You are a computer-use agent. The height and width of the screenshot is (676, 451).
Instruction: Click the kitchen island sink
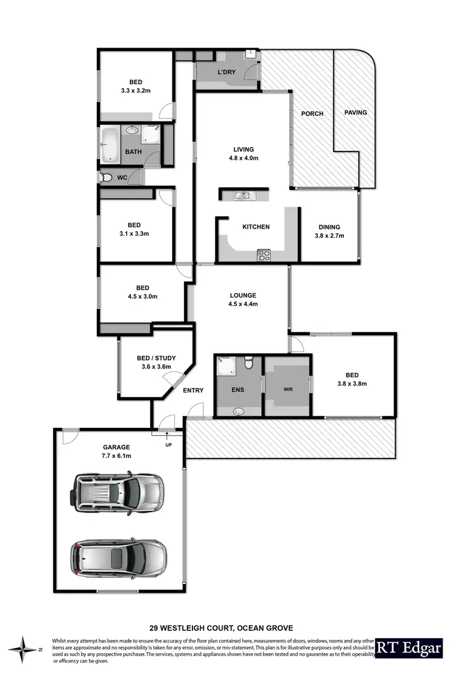pyautogui.click(x=244, y=195)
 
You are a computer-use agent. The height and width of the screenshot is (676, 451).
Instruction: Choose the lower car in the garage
pyautogui.click(x=118, y=557)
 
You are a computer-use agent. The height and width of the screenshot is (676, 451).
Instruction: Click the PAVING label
pyautogui.click(x=355, y=112)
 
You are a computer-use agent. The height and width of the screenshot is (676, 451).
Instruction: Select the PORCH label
pyautogui.click(x=312, y=114)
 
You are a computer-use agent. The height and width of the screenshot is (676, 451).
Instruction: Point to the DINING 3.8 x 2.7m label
pyautogui.click(x=329, y=231)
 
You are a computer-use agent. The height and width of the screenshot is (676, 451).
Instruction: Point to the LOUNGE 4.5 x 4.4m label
pyautogui.click(x=243, y=299)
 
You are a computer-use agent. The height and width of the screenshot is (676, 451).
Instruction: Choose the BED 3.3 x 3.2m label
pyautogui.click(x=135, y=87)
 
